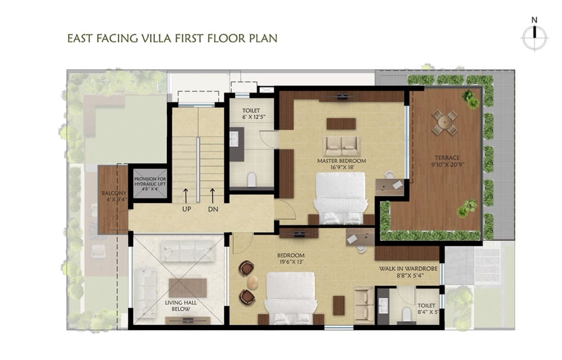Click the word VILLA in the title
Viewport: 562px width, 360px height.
click(154, 38)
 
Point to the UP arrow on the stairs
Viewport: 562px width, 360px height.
click(186, 195)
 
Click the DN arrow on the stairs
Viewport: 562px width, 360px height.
click(212, 195)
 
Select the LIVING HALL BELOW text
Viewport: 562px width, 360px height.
click(181, 305)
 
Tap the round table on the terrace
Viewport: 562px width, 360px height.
click(444, 122)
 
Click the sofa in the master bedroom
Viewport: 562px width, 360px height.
click(341, 145)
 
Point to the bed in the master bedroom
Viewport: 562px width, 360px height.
click(340, 199)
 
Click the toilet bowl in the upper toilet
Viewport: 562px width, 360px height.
click(252, 179)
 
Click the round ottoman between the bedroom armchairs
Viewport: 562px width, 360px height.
click(252, 283)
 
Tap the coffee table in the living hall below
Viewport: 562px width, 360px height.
click(188, 288)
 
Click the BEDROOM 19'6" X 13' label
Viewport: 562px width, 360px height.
click(291, 259)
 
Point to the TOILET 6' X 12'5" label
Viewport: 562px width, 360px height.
click(251, 114)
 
